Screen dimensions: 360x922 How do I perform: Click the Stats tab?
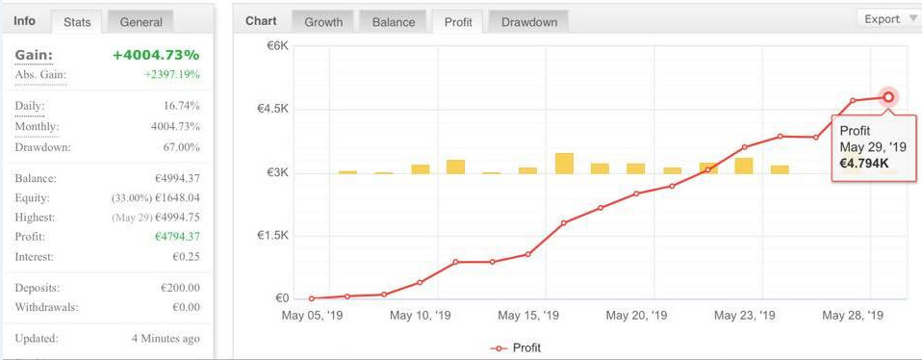[x=76, y=21]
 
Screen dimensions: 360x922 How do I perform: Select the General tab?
[x=141, y=21]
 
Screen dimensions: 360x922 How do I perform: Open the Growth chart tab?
[x=322, y=21]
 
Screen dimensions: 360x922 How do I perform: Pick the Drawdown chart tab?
[x=528, y=21]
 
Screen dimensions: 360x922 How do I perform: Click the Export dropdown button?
[x=887, y=19]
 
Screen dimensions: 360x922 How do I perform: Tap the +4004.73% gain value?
[x=156, y=56]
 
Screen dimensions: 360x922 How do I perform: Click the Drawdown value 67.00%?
[x=181, y=147]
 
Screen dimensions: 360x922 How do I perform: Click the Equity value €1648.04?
[x=173, y=198]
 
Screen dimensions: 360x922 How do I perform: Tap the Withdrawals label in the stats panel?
[x=47, y=307]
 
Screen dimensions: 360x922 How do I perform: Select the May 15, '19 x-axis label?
[x=528, y=315]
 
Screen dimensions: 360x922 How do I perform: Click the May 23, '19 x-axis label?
[x=746, y=315]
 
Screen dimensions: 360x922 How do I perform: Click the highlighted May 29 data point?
[x=888, y=97]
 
